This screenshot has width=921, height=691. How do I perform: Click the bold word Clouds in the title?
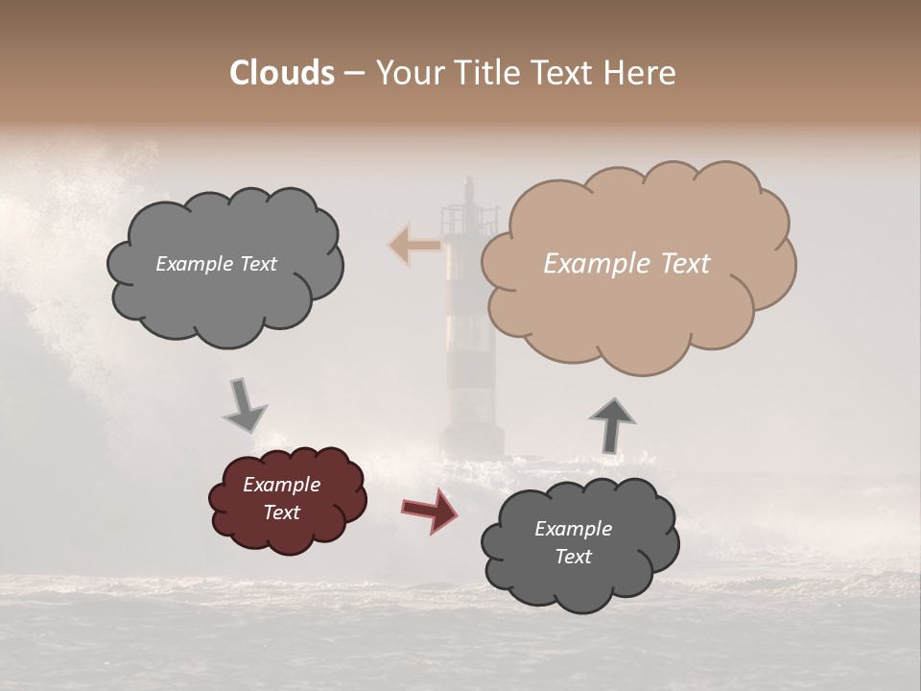click(x=281, y=73)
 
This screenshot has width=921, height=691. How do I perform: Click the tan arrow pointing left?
click(x=413, y=246)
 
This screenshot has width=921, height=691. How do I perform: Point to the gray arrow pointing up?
click(x=612, y=424)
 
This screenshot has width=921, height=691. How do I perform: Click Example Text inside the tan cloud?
click(x=626, y=264)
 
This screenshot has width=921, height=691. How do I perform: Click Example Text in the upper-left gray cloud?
click(x=216, y=264)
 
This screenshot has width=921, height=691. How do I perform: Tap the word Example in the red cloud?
click(x=281, y=485)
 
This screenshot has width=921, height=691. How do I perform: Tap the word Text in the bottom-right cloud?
click(x=573, y=557)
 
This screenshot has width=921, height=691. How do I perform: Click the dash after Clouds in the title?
click(x=354, y=73)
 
